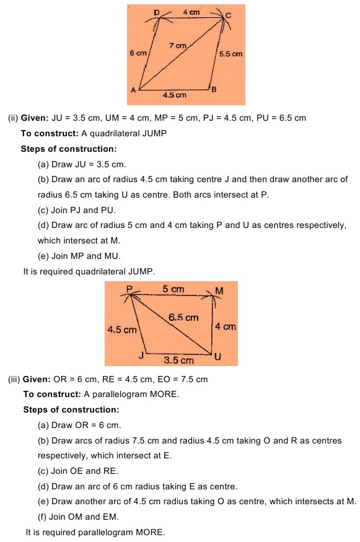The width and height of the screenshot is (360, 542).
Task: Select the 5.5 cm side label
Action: (x=230, y=55)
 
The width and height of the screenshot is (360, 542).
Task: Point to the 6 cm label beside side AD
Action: (x=138, y=54)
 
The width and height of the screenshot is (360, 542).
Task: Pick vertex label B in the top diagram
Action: (x=214, y=90)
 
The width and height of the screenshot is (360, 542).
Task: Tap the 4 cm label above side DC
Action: (x=191, y=11)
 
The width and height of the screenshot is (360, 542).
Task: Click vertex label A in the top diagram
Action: (x=133, y=90)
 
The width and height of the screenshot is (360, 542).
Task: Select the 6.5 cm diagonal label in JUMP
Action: (x=183, y=317)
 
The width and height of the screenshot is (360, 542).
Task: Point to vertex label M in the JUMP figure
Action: (x=219, y=291)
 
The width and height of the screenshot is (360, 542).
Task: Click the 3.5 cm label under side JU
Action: (x=178, y=360)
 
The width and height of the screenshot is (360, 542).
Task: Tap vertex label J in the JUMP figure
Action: (x=142, y=356)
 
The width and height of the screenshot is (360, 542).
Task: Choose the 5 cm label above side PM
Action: (x=173, y=289)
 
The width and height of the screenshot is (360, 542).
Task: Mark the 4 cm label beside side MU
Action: (x=226, y=326)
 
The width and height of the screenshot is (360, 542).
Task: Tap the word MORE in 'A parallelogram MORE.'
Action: (x=164, y=395)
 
